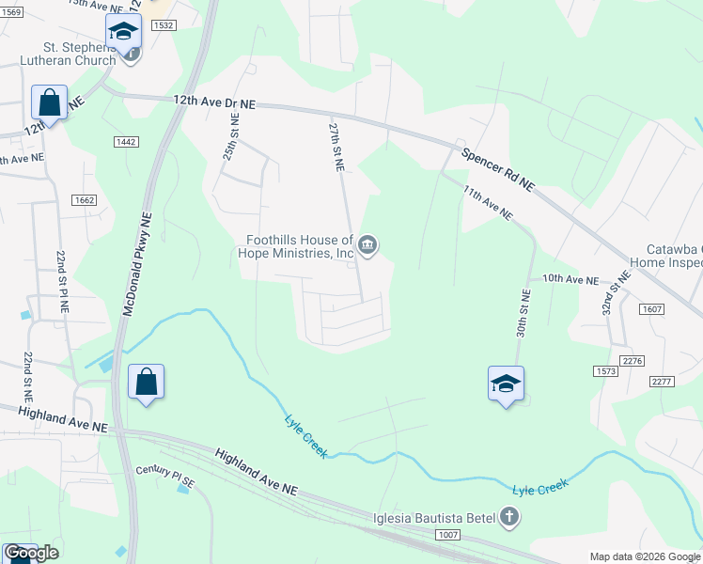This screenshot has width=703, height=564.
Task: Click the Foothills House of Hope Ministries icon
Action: pos(368,247)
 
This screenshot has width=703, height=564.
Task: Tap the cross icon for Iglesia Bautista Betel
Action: pos(508,516)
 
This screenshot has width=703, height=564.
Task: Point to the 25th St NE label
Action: pos(231,137)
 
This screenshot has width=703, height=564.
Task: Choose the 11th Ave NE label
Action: pos(487,202)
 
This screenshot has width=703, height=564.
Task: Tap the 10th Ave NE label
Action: pos(570,280)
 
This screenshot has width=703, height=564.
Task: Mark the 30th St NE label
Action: pos(523,310)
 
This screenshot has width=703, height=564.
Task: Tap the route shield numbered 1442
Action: pos(126,141)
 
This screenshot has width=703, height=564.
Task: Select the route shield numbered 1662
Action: pos(84,199)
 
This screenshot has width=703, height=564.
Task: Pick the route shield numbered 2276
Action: pos(633,361)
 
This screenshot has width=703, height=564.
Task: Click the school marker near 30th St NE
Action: pos(506,384)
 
